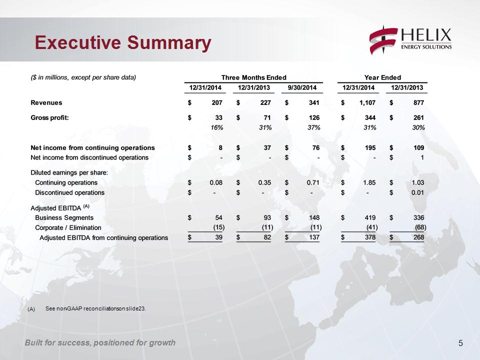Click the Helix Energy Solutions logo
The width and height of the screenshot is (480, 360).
(410, 40)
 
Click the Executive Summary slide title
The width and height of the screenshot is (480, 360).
(123, 42)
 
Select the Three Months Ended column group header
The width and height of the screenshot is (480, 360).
(254, 77)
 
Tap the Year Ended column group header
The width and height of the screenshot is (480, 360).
(382, 77)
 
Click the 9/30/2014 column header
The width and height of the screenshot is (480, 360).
(302, 87)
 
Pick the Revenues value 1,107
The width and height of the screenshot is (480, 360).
(367, 102)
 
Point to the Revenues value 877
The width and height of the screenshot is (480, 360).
(418, 102)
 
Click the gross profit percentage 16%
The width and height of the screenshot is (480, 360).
(216, 127)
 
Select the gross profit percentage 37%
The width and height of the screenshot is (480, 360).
(314, 127)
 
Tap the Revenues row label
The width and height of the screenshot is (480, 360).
(46, 102)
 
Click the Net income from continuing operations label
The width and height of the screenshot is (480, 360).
(92, 147)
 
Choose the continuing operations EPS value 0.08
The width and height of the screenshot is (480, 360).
(216, 182)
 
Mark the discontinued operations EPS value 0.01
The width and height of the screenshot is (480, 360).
(417, 192)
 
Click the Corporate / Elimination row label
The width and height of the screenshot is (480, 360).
(68, 227)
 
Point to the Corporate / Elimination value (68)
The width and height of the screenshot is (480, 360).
(420, 227)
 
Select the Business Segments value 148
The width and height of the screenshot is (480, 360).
(314, 217)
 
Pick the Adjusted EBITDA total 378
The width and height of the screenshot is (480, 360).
(370, 237)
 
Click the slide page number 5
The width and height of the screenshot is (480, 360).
(460, 343)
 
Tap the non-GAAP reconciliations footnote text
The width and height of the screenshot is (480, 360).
(95, 308)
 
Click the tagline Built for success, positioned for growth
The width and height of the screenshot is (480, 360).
(100, 342)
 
